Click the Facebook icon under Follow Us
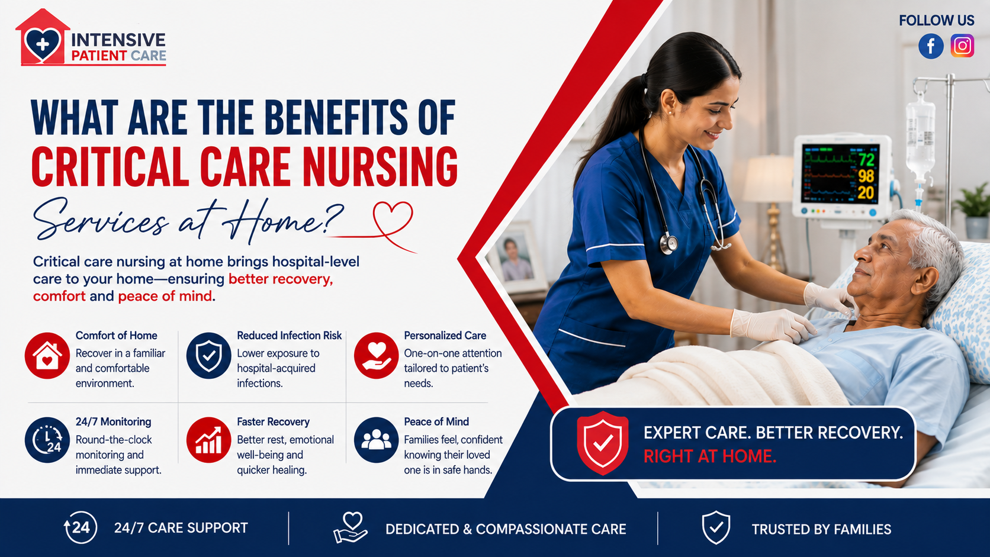[931, 46]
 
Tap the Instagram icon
[962, 46]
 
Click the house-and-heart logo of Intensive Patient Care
[43, 37]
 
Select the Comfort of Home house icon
[47, 356]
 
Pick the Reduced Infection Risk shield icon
[208, 356]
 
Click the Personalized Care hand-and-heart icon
[376, 356]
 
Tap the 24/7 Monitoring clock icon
[47, 440]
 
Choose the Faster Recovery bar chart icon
[208, 440]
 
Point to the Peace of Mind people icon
[376, 440]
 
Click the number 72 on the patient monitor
[866, 159]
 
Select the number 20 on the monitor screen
[866, 192]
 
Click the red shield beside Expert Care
[602, 443]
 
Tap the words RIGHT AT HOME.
[710, 456]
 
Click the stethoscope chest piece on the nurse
[669, 244]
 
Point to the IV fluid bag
[921, 137]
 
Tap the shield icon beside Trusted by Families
[716, 528]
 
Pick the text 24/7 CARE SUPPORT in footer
[181, 528]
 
